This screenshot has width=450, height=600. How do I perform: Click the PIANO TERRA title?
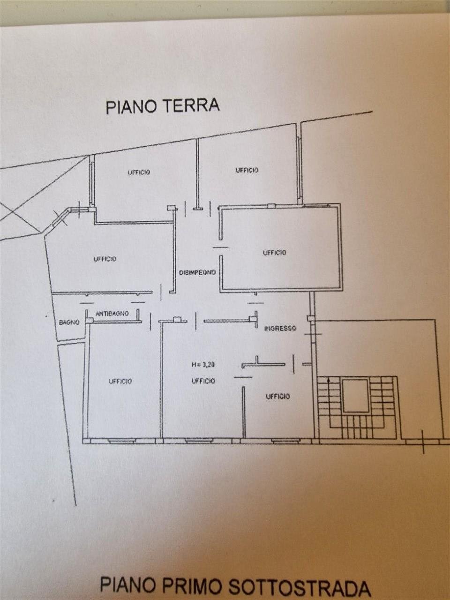click(162, 106)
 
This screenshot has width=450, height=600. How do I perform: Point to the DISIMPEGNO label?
click(197, 272)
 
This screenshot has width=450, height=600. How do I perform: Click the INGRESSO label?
click(280, 328)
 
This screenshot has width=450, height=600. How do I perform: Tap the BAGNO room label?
click(68, 322)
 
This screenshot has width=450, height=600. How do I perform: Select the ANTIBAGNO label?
click(112, 313)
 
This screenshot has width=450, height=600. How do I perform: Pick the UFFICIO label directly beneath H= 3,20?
click(203, 381)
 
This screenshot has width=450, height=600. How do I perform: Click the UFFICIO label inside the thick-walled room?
click(275, 253)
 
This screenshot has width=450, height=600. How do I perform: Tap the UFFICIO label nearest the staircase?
click(277, 397)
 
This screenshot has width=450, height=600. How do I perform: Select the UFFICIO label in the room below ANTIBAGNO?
click(120, 381)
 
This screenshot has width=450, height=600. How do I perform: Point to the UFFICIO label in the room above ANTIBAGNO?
click(105, 259)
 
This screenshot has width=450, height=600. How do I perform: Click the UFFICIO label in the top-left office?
click(139, 172)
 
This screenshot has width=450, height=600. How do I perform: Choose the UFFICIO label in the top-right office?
click(247, 170)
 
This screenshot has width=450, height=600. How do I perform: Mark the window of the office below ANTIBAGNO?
click(122, 441)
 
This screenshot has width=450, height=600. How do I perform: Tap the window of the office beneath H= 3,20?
click(198, 441)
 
